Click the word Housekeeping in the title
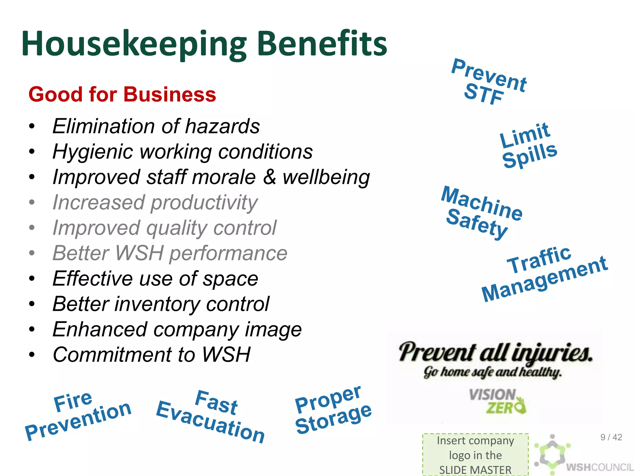pyautogui.click(x=134, y=44)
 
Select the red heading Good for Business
pyautogui.click(x=122, y=94)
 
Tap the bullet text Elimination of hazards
pyautogui.click(x=156, y=126)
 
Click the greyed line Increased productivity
pyautogui.click(x=155, y=203)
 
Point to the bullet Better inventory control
pyautogui.click(x=161, y=304)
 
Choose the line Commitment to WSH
pyautogui.click(x=151, y=355)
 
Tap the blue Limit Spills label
pyautogui.click(x=528, y=145)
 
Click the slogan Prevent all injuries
pyautogui.click(x=495, y=353)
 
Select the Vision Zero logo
pyautogui.click(x=497, y=401)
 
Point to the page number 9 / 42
pyautogui.click(x=611, y=437)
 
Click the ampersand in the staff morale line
pyautogui.click(x=269, y=177)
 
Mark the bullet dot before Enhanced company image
pyautogui.click(x=32, y=329)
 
